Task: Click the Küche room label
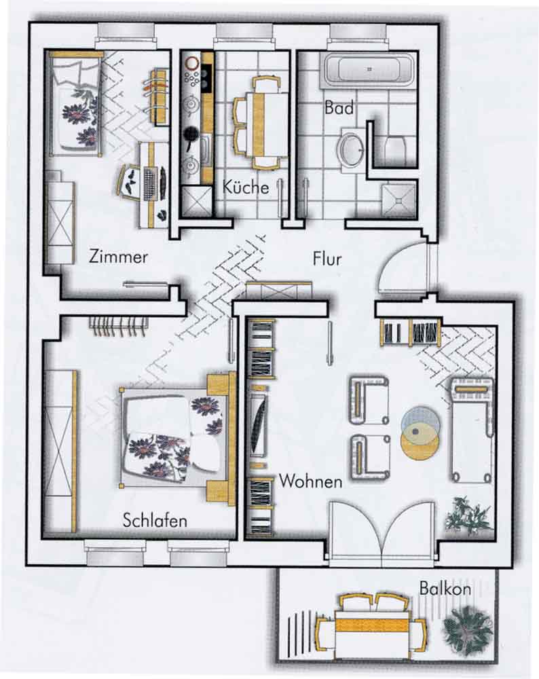click(246, 187)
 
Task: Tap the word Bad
click(339, 107)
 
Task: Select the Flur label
click(327, 259)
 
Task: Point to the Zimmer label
click(118, 257)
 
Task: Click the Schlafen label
click(155, 520)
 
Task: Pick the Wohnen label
click(310, 481)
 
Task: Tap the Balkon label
click(445, 589)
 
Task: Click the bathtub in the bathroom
click(369, 69)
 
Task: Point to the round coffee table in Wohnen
click(420, 433)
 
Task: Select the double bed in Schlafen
click(177, 437)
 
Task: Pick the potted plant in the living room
click(468, 515)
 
